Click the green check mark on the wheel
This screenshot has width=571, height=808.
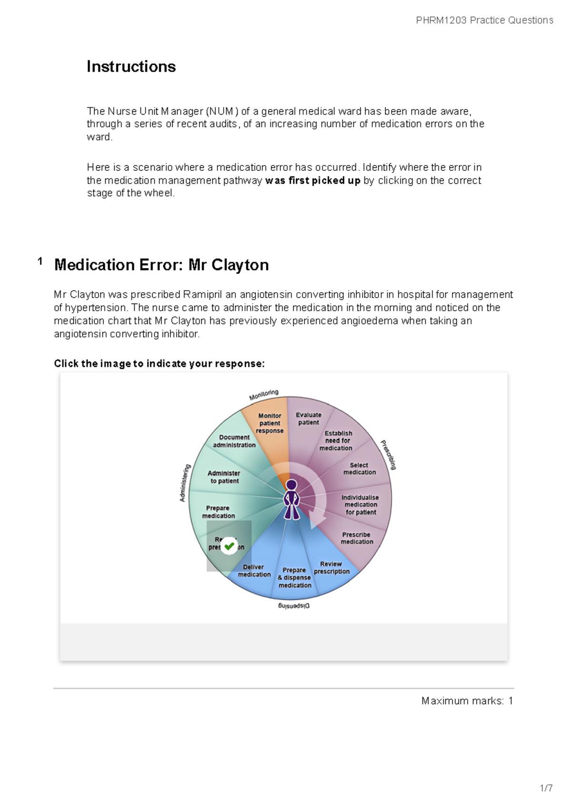(x=229, y=546)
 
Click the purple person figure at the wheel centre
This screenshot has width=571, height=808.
(x=291, y=499)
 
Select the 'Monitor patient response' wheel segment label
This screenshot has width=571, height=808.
(x=270, y=423)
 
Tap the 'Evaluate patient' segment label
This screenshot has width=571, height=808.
(x=309, y=419)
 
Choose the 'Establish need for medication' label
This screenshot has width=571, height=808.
(x=336, y=441)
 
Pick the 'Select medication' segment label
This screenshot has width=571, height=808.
(x=360, y=469)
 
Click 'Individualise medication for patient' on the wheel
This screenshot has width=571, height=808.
(x=361, y=505)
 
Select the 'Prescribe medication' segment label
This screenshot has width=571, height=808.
(x=357, y=538)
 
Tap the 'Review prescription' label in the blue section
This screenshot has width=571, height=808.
(x=332, y=568)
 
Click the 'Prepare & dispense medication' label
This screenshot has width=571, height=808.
(x=295, y=578)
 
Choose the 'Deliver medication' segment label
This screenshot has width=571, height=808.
(x=254, y=571)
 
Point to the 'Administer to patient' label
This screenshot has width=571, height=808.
(x=224, y=477)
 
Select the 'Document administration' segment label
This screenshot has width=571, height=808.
(x=234, y=441)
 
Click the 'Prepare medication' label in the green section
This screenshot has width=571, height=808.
(x=218, y=512)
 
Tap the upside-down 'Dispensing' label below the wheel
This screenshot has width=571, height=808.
(x=294, y=606)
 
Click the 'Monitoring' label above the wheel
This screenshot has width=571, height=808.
(x=264, y=395)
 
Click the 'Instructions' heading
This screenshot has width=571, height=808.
(x=131, y=67)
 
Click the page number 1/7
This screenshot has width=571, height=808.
(x=546, y=788)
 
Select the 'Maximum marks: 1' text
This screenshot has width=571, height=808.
(x=467, y=701)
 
